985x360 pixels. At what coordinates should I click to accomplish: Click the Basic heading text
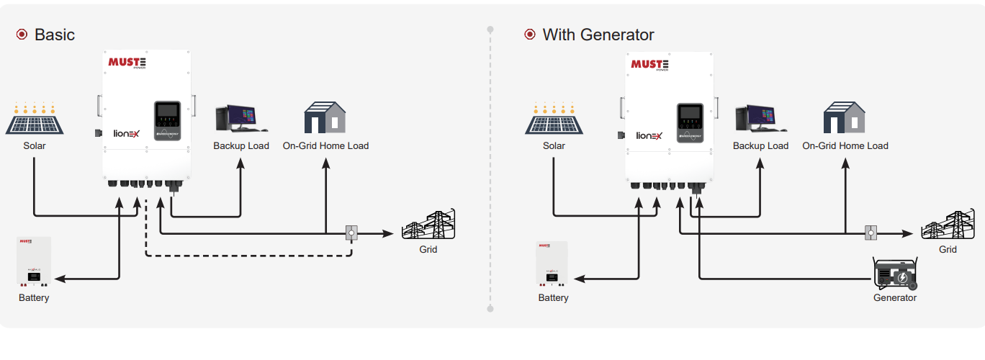click(x=55, y=35)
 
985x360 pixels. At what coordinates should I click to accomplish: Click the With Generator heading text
click(x=598, y=35)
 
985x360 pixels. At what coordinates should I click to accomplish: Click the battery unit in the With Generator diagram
click(x=553, y=265)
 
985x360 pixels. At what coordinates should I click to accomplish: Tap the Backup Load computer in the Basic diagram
click(x=240, y=118)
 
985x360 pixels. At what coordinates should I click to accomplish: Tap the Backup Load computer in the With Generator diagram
click(x=760, y=118)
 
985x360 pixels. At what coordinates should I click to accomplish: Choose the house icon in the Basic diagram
click(x=325, y=117)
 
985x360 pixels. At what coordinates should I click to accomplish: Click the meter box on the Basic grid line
click(x=351, y=233)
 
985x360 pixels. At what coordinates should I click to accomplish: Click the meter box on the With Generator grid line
click(x=871, y=233)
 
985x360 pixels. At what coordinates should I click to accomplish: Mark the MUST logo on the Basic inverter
click(x=127, y=63)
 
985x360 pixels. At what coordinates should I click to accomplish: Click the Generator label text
click(x=895, y=297)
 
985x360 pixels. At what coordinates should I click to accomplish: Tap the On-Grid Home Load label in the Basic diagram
click(x=325, y=145)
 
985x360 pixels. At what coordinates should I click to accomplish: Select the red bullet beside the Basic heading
click(x=22, y=35)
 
